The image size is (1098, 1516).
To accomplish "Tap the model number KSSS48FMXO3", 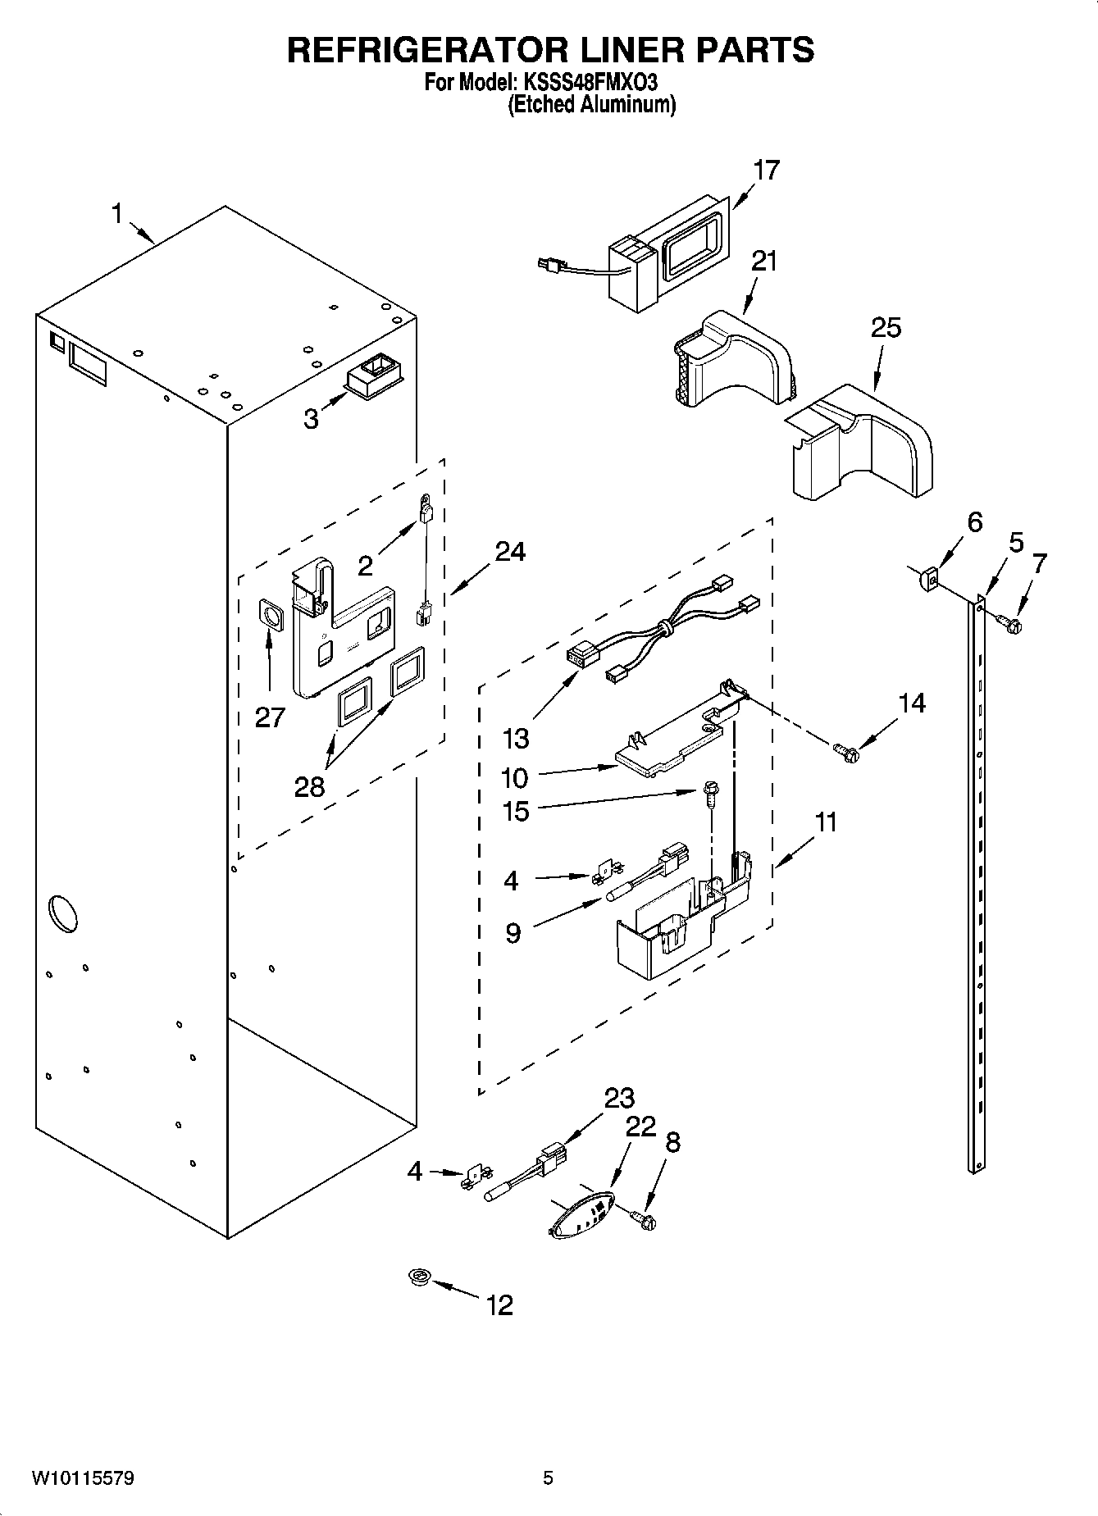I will pyautogui.click(x=587, y=83).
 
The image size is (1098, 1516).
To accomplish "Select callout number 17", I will pyautogui.click(x=767, y=171).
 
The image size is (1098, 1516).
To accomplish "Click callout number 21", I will pyautogui.click(x=763, y=262).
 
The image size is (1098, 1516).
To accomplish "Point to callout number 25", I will pyautogui.click(x=886, y=328).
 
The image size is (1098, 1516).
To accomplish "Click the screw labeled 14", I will pyautogui.click(x=845, y=749).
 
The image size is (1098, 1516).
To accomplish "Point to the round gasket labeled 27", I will pyautogui.click(x=270, y=615).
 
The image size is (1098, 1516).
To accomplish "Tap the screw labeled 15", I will pyautogui.click(x=708, y=793).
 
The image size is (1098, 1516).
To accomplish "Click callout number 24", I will pyautogui.click(x=510, y=552).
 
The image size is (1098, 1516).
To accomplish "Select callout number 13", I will pyautogui.click(x=516, y=739).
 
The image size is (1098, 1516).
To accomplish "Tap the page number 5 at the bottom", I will pyautogui.click(x=548, y=1478).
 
